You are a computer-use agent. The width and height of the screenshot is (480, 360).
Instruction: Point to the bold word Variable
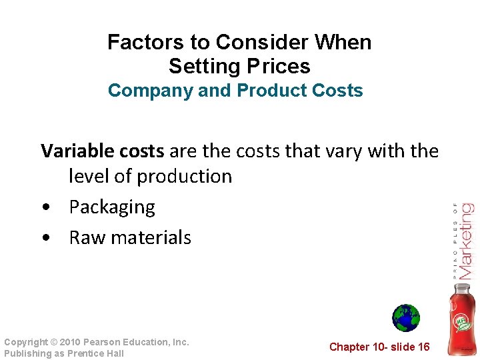click(x=75, y=151)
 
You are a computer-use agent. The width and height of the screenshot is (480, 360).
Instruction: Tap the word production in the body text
click(x=184, y=177)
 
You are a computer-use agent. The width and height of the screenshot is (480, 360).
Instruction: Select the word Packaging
click(x=112, y=207)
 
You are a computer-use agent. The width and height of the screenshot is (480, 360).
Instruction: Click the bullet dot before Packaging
click(x=45, y=207)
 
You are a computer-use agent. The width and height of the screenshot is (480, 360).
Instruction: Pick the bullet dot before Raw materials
click(x=45, y=238)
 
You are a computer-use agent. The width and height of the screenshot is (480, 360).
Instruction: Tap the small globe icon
click(x=405, y=318)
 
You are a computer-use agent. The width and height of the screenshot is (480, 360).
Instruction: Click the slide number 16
click(x=423, y=347)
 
